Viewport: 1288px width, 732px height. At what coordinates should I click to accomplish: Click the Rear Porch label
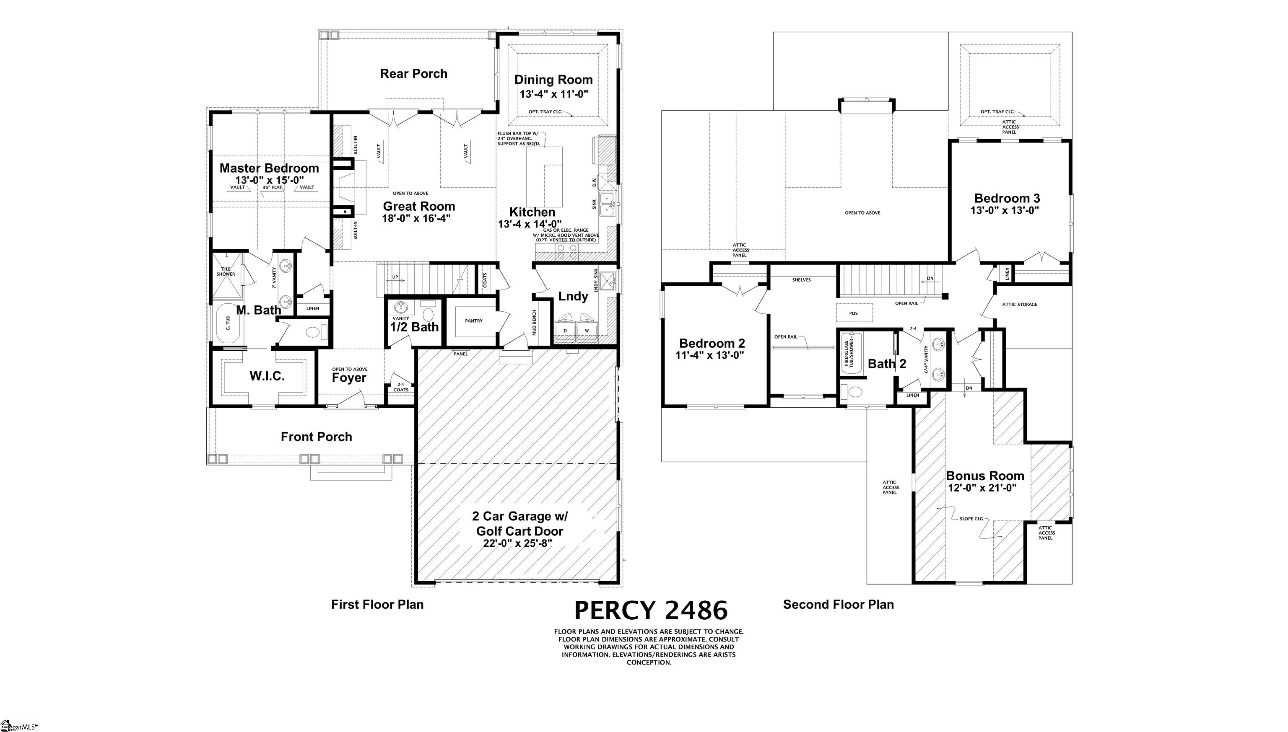tap(413, 74)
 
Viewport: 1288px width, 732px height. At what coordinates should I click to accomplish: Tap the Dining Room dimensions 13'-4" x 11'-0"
tap(554, 94)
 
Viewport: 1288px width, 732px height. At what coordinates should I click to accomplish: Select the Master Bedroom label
tap(269, 168)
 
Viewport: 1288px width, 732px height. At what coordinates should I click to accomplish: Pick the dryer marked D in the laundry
tap(565, 329)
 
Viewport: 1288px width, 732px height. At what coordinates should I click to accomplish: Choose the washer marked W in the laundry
tap(587, 329)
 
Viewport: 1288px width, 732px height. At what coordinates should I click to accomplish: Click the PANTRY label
tap(474, 321)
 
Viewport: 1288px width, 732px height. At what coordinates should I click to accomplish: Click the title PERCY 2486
tap(651, 610)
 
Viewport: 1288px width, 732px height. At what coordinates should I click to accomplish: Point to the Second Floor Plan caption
tap(839, 604)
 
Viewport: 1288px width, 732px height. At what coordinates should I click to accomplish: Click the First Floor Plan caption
tap(377, 604)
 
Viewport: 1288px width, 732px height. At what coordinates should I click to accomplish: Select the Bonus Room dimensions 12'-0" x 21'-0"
tap(982, 488)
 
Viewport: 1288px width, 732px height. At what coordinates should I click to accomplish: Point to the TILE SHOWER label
tap(226, 272)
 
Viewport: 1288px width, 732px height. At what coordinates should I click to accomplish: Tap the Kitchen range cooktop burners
tap(567, 251)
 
